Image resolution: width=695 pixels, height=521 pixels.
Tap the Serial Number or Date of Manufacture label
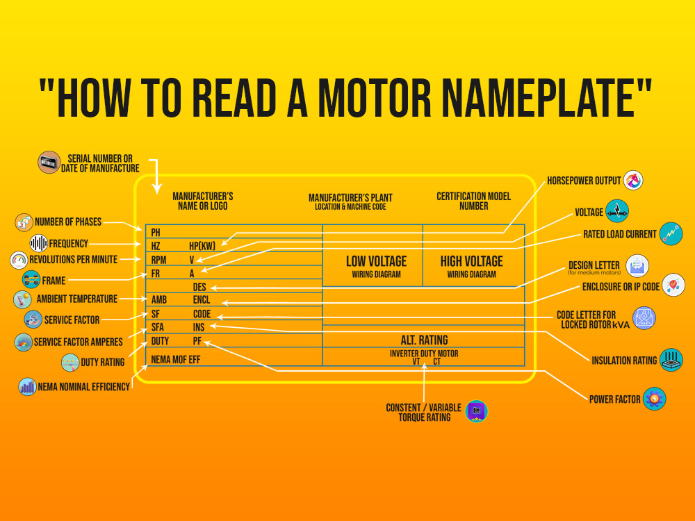[104, 163]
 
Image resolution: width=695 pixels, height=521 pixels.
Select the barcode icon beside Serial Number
[49, 163]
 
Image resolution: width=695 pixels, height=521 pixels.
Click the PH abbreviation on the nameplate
[156, 233]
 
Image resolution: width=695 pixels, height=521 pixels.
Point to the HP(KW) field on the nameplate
[202, 246]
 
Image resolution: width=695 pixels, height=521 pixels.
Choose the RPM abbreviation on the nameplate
[160, 260]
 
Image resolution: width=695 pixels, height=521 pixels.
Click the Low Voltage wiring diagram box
[376, 266]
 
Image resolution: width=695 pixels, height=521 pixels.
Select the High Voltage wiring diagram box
[471, 266]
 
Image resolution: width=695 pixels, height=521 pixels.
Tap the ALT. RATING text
[424, 340]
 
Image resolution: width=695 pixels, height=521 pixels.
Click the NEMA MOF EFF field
[176, 359]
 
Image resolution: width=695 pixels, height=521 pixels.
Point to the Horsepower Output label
[584, 181]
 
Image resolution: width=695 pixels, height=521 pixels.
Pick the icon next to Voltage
[616, 211]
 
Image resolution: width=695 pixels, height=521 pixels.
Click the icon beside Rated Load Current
[671, 234]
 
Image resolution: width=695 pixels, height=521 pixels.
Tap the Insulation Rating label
[623, 361]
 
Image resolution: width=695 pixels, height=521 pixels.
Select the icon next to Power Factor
[655, 399]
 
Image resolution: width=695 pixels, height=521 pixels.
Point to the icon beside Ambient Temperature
[23, 299]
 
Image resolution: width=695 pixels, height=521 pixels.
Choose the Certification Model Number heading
[473, 201]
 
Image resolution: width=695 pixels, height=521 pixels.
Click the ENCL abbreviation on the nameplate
[202, 301]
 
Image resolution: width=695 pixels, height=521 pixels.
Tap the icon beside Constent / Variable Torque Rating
[476, 411]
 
